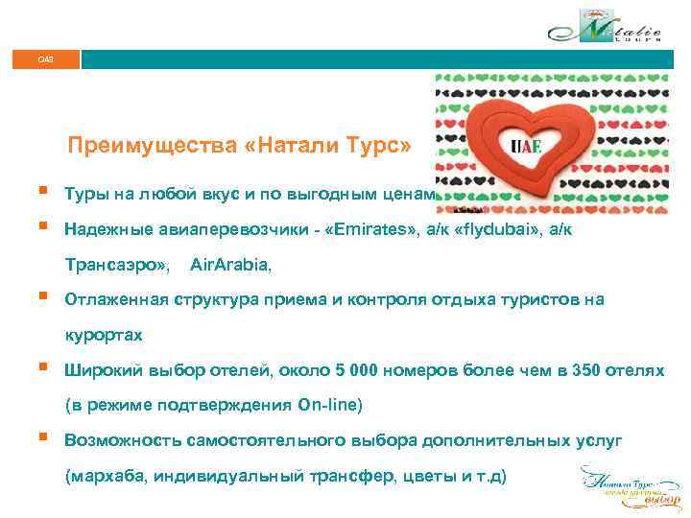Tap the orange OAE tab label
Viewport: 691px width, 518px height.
[x=46, y=59]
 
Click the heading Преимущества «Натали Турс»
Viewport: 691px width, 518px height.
[x=239, y=147]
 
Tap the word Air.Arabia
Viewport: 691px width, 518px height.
[x=230, y=263]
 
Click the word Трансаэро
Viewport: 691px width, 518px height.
[x=115, y=263]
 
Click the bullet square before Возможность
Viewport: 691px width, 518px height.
[x=45, y=440]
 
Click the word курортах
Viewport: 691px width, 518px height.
[x=104, y=335]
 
